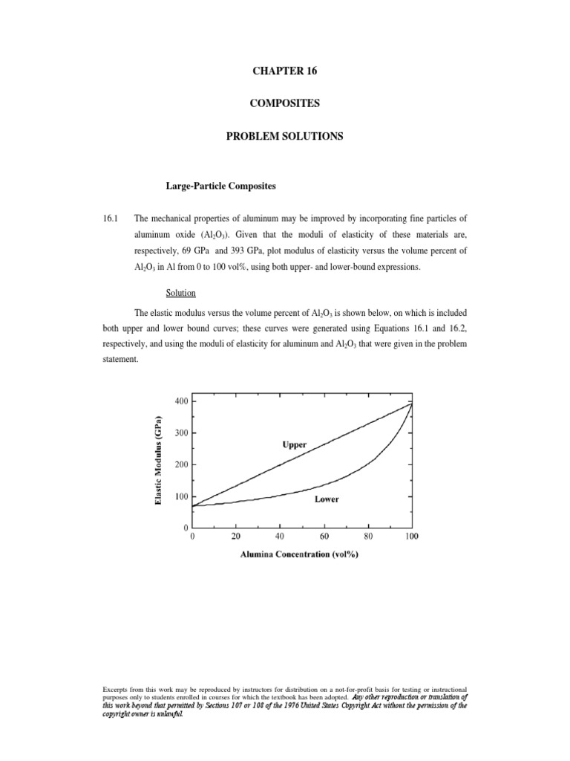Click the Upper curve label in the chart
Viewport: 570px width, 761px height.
[x=295, y=444]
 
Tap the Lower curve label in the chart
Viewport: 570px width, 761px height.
[x=326, y=499]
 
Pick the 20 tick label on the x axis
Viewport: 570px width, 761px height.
[x=237, y=536]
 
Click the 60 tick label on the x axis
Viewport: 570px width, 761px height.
[x=324, y=536]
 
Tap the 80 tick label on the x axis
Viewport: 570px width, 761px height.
[x=368, y=536]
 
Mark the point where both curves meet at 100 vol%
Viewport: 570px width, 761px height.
[x=412, y=403]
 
